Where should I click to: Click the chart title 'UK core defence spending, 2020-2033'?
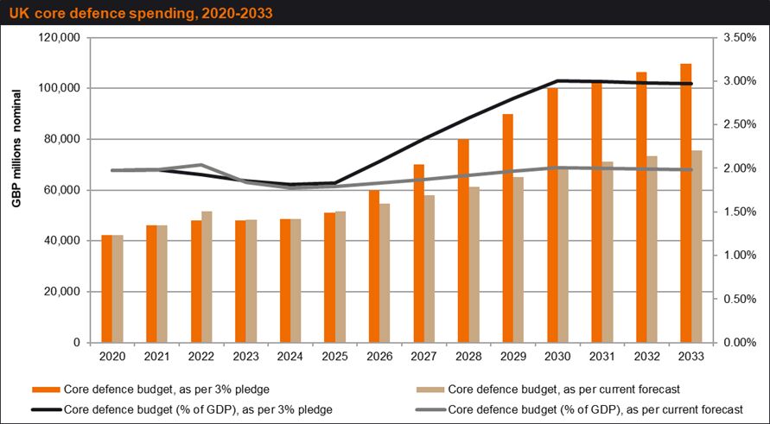141,13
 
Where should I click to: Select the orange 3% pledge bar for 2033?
686,203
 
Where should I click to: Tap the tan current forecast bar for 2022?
207,277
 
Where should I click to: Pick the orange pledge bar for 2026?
374,267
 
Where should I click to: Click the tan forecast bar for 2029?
519,260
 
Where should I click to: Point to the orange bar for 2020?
106,289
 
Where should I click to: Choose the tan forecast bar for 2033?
697,246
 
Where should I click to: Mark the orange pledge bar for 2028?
463,241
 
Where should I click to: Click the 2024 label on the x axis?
290,357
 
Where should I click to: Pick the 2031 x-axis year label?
602,357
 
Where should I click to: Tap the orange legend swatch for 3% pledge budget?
46,390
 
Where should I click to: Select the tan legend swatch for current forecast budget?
430,390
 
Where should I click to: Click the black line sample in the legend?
46,409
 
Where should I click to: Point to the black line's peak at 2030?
557,80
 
